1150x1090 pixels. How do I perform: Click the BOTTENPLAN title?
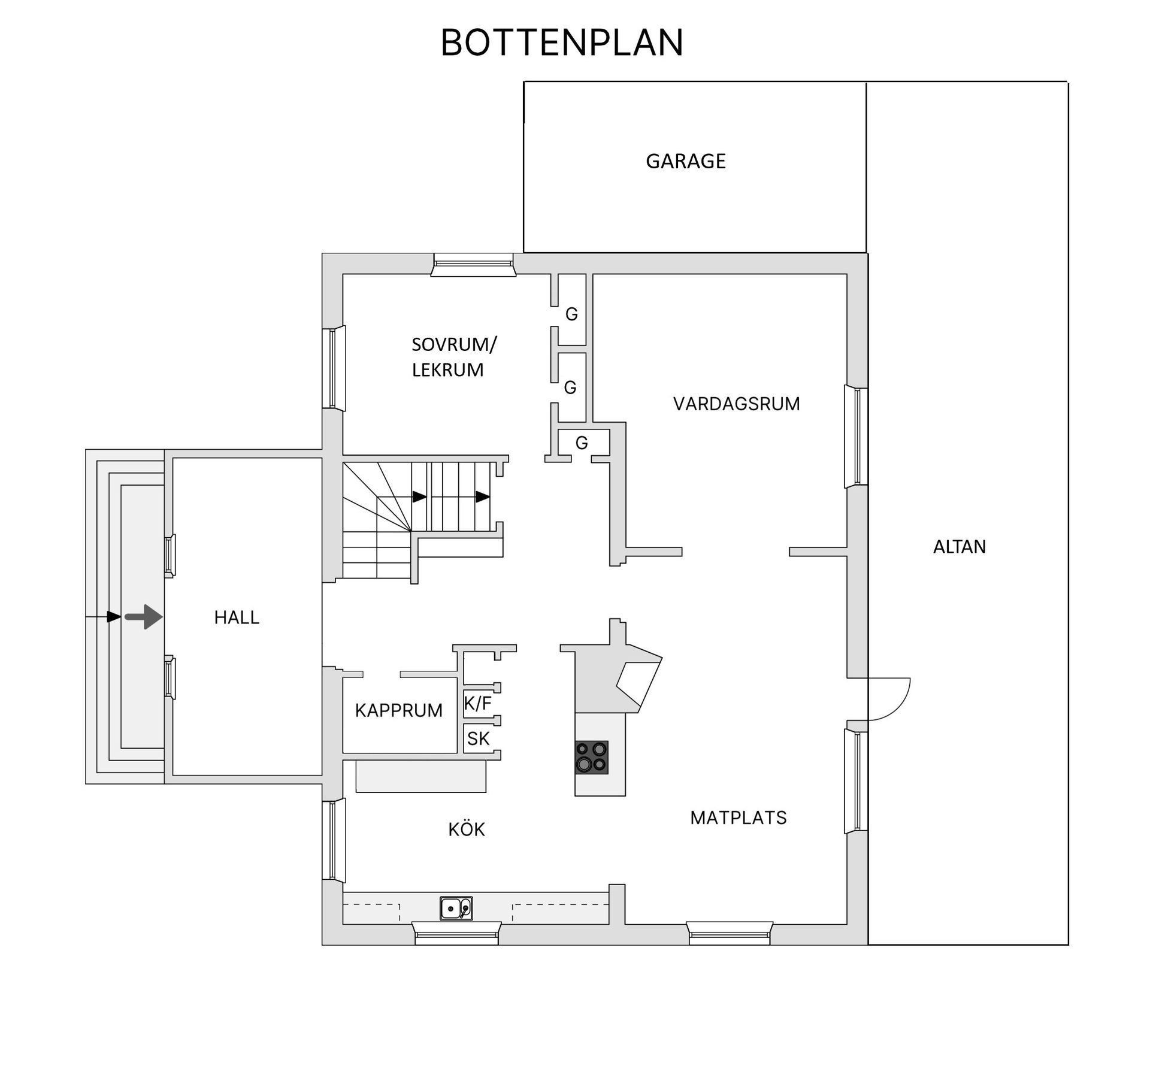pos(561,43)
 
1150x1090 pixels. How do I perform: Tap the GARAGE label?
pos(685,161)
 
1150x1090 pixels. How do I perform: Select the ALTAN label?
pos(959,546)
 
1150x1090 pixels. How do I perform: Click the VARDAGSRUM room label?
pos(736,404)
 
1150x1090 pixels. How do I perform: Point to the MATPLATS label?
pos(738,817)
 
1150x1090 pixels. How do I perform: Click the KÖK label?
pos(466,829)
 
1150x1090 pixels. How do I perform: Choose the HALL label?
pos(237,617)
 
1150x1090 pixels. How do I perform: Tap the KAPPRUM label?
pos(398,710)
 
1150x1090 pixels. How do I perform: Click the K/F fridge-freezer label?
pos(477,703)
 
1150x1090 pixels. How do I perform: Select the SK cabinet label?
pos(478,738)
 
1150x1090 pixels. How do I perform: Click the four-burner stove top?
pos(591,757)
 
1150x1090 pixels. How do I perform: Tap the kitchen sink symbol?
pos(456,908)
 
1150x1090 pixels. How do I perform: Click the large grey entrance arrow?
pos(144,616)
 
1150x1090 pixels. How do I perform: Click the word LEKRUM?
pos(447,370)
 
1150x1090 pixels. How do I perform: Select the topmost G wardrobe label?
pos(571,314)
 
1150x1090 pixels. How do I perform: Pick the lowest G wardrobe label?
pos(581,443)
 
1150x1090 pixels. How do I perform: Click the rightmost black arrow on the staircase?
pos(483,496)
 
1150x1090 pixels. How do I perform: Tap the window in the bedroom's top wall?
pos(473,264)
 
